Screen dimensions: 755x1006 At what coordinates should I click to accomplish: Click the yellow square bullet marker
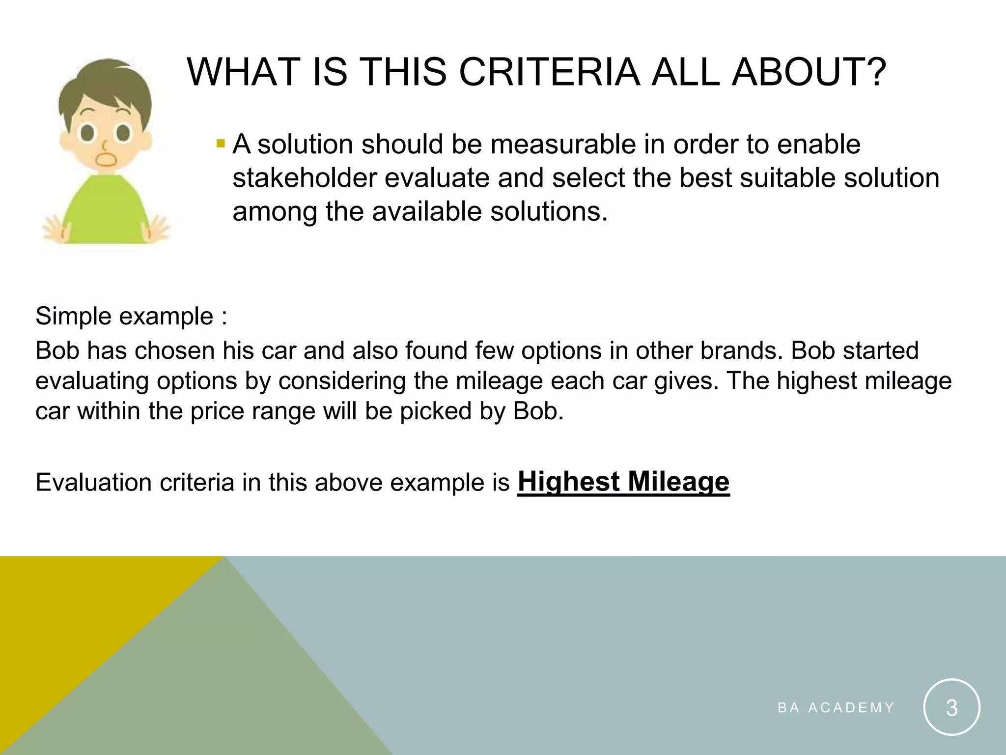point(220,145)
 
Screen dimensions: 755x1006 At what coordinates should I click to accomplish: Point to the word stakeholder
point(304,178)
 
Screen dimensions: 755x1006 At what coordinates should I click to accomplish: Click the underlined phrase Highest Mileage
point(623,482)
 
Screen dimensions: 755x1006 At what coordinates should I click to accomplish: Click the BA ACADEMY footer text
point(836,708)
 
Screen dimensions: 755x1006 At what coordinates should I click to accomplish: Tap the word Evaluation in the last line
point(94,482)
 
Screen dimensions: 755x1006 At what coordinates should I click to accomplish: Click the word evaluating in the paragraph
point(92,381)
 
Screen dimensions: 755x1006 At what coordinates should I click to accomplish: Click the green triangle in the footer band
point(221,688)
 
